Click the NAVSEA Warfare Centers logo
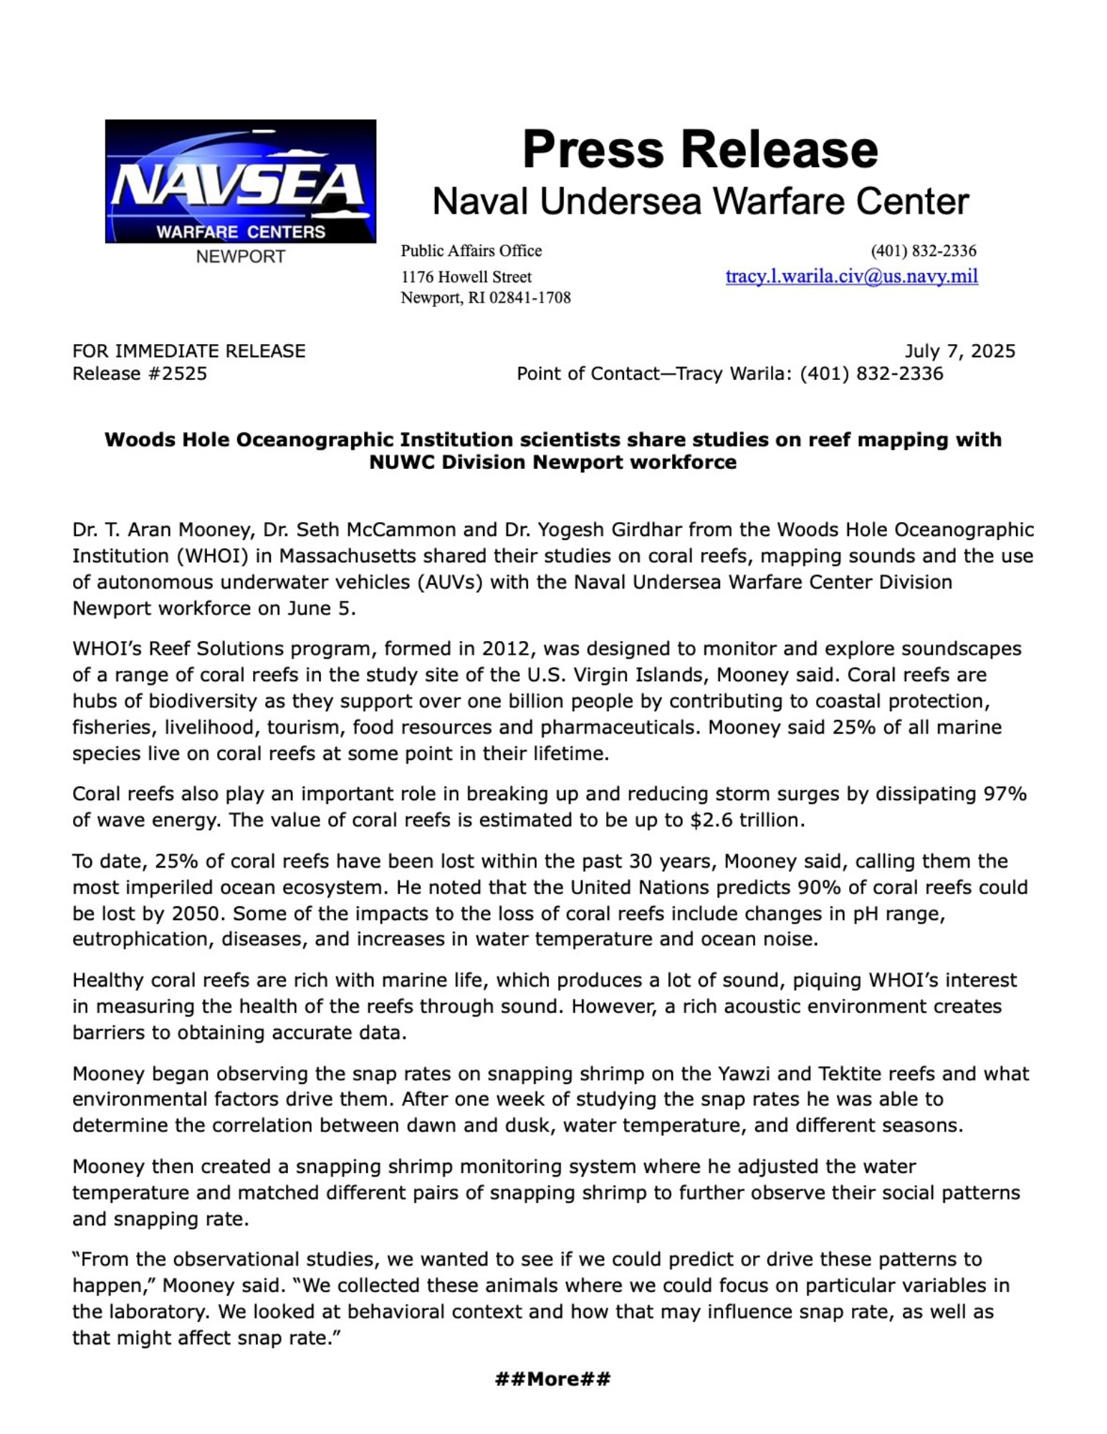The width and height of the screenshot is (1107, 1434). (x=240, y=181)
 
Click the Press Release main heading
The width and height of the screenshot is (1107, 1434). (x=699, y=149)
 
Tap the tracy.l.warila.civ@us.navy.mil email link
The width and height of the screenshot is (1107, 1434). (x=851, y=276)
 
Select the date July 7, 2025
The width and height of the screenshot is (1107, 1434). (x=959, y=351)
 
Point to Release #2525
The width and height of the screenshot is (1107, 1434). (x=140, y=374)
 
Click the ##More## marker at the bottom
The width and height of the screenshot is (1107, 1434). (x=552, y=1378)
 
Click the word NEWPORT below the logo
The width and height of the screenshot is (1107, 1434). (x=240, y=257)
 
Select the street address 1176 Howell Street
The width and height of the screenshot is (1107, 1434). (x=466, y=277)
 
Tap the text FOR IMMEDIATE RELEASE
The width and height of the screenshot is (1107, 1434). (x=188, y=351)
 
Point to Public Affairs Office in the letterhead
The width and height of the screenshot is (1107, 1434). (x=471, y=251)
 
